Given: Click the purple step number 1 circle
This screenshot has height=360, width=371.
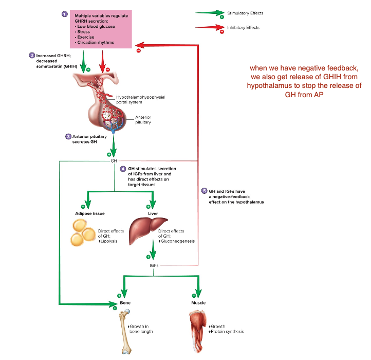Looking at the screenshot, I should point(64,14).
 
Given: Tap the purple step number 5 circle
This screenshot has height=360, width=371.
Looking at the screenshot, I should point(205,191).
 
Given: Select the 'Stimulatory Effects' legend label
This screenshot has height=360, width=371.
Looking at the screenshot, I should point(245,13).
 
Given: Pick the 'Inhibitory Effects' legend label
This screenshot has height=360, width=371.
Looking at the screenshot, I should point(244,27).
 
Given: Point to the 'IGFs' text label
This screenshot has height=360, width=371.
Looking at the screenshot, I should point(153,265).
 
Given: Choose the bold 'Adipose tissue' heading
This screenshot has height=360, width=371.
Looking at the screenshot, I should point(90,213).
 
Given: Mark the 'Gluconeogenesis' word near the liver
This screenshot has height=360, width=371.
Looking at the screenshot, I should point(177,241).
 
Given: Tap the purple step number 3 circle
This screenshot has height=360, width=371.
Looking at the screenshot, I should point(68,136).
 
